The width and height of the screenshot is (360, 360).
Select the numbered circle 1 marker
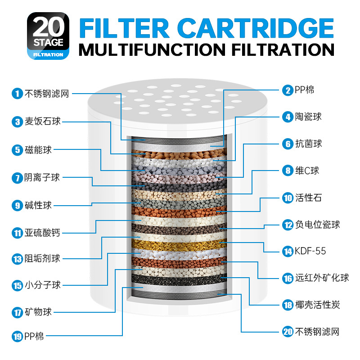(x=17, y=94)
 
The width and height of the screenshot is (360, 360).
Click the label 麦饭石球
(x=42, y=121)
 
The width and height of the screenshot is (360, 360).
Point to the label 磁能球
(x=38, y=150)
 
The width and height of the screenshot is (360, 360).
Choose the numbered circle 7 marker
(x=17, y=178)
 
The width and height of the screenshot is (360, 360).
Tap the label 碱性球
(x=38, y=206)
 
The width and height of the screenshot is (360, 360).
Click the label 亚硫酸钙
(x=42, y=233)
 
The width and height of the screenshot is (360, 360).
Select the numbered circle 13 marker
(x=17, y=259)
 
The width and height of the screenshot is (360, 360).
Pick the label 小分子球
(x=42, y=285)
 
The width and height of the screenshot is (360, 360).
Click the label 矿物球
(x=38, y=311)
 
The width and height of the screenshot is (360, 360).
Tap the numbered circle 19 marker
(x=17, y=336)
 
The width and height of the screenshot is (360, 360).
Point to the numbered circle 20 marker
(x=288, y=332)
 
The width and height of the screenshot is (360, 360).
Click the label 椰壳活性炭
(x=317, y=305)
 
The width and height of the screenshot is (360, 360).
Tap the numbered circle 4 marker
(x=288, y=117)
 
